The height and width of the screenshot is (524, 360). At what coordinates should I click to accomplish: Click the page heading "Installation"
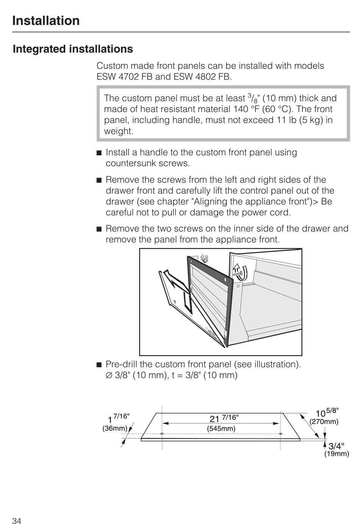point(46,20)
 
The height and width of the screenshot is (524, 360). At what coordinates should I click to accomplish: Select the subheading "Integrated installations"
point(73,49)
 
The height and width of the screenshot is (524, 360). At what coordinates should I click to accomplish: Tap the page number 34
point(17,521)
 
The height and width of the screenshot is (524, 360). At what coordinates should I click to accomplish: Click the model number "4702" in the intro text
point(128,77)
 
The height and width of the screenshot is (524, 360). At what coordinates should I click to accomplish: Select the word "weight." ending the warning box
point(119,131)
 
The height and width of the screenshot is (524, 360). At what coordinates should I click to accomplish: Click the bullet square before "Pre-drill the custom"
point(99,365)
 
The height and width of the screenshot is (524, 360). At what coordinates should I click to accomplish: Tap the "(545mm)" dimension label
point(221,429)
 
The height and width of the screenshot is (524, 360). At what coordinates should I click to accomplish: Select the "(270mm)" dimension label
point(324,422)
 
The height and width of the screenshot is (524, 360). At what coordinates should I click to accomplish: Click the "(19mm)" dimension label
point(336,454)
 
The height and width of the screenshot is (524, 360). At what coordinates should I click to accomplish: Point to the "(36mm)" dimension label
point(114,429)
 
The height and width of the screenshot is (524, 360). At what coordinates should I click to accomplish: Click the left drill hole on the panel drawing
point(162,434)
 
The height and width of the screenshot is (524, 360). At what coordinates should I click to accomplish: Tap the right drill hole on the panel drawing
point(280,434)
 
